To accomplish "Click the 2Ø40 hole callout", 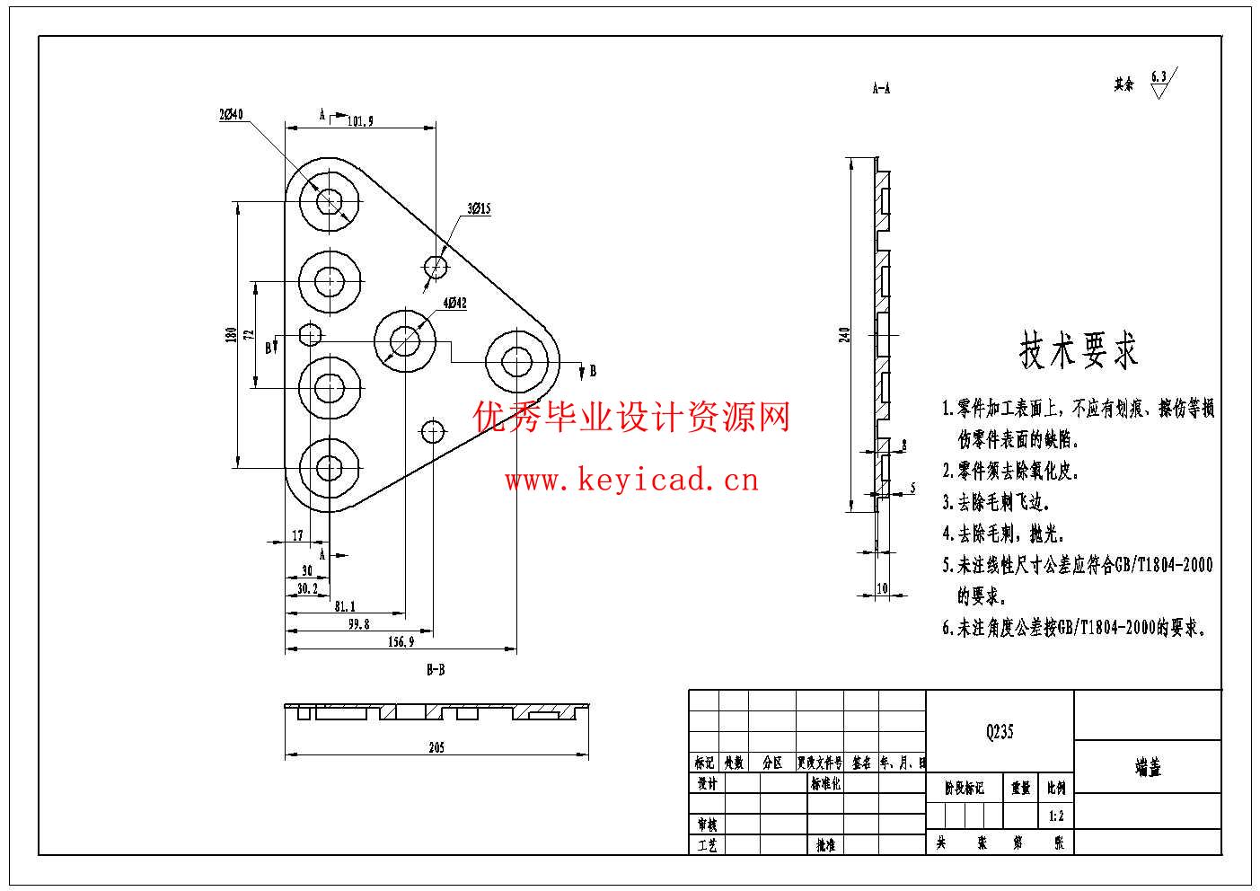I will point(231,114).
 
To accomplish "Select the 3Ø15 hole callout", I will point(479,209).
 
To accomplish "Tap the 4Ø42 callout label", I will point(454,304).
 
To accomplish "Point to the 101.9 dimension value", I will point(359,120).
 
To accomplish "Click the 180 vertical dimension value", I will point(232,335).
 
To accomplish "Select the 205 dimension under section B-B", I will point(436,747).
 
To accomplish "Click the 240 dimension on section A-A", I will point(842,335).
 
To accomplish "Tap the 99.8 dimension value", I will point(358,623).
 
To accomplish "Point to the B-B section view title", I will point(436,670).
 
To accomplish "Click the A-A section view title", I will point(881,88).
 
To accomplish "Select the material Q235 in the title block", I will point(999,732).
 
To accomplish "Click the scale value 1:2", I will point(1056,816).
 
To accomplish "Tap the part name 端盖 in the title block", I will point(1148,768).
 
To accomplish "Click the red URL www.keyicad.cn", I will point(631,481).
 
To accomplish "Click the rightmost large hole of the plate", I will point(516,361).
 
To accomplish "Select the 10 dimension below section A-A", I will point(881,588).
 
